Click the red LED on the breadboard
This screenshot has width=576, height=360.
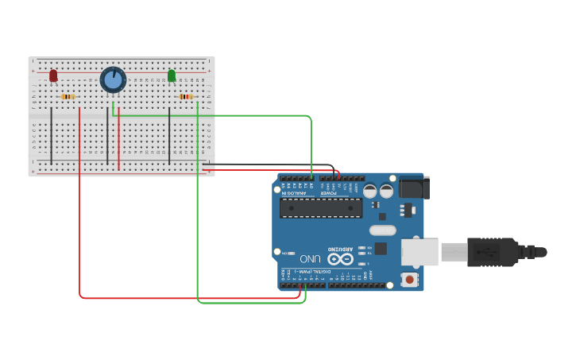tap(53, 75)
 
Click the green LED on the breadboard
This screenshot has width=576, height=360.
tap(172, 75)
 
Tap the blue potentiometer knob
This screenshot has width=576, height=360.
tap(113, 79)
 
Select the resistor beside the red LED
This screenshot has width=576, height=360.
tap(68, 97)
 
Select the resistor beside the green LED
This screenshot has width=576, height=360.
tap(187, 97)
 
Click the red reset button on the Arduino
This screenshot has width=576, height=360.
tap(409, 279)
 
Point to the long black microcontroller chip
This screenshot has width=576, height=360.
tap(321, 207)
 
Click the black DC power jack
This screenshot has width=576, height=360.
tap(413, 188)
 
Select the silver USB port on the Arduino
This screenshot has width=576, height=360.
tap(419, 252)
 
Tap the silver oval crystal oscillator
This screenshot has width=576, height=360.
tap(382, 230)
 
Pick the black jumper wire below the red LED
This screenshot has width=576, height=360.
tap(52, 135)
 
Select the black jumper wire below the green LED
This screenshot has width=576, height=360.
tap(169, 135)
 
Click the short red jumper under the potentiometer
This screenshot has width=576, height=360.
tap(119, 143)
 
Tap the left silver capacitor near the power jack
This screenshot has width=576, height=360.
tap(369, 191)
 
